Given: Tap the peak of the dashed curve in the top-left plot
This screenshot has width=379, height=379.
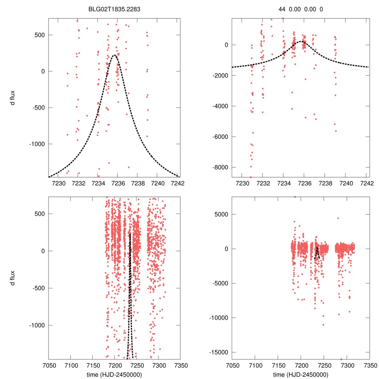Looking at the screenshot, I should click(114, 55).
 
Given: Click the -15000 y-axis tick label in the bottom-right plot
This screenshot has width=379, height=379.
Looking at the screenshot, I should click(218, 352).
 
